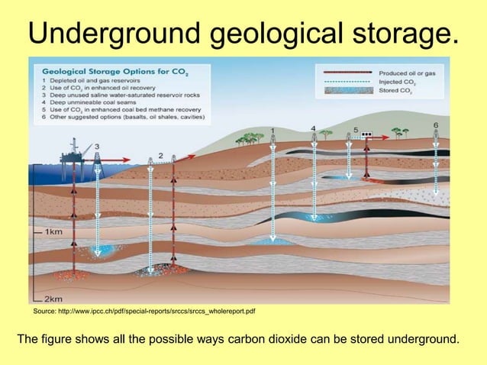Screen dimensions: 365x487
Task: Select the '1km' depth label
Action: tap(53, 231)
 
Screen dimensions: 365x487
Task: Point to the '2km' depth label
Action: tap(53, 298)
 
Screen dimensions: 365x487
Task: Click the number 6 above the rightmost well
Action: tap(436, 124)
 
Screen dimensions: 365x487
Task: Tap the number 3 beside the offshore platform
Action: tap(95, 146)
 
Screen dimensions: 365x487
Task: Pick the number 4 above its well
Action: tap(314, 128)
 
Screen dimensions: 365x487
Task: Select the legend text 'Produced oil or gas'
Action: tap(408, 73)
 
